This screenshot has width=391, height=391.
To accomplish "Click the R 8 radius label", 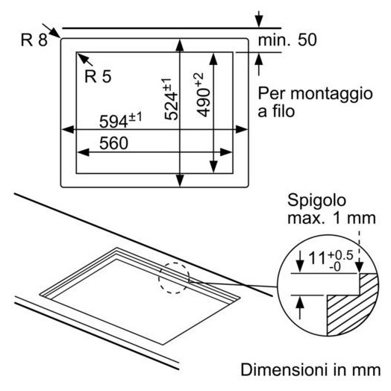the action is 34,40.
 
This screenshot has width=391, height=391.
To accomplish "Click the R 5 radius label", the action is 98,76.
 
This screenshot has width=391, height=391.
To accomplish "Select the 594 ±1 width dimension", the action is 120,120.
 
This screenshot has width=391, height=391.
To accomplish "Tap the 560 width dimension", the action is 113,143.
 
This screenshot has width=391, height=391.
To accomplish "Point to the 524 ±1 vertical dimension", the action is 172,99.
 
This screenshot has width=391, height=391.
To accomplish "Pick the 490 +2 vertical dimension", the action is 203,95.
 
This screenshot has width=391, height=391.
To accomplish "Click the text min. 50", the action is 287,40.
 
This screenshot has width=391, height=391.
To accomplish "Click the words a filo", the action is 276,111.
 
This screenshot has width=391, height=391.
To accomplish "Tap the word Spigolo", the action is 316,201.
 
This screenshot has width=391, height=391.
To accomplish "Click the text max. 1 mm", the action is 331,218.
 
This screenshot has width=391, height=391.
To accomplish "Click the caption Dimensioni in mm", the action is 310,370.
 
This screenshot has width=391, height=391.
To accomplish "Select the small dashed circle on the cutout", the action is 174,278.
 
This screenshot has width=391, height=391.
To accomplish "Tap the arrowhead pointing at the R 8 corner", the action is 55,33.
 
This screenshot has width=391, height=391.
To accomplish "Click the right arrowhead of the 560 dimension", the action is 226,152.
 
